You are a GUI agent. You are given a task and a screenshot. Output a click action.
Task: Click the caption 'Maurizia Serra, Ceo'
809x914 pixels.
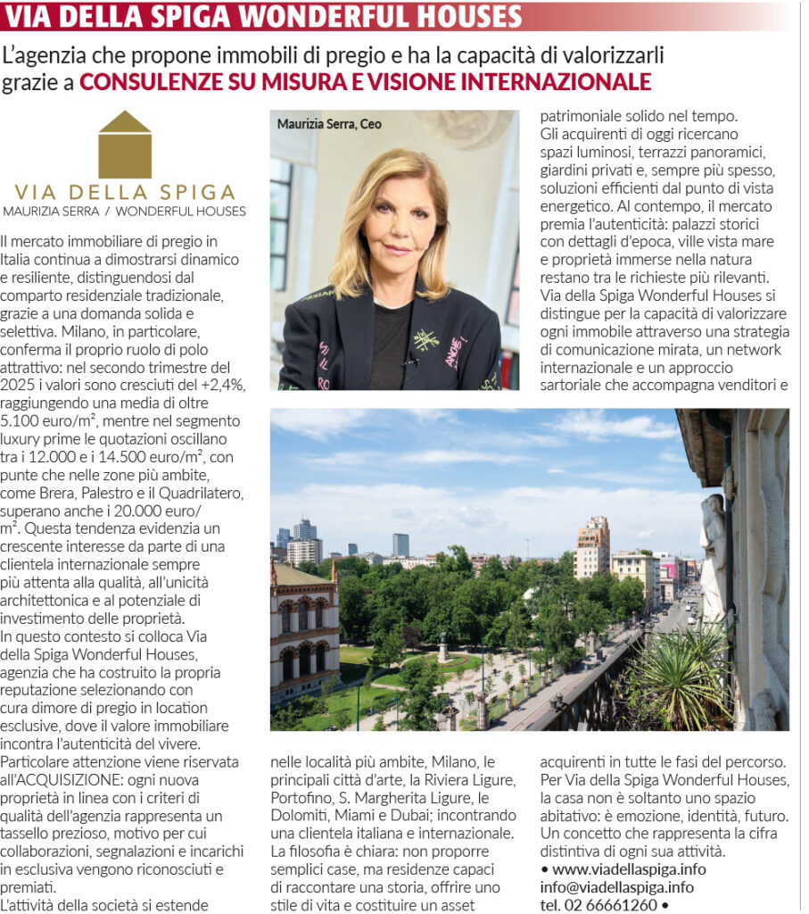(x=329, y=124)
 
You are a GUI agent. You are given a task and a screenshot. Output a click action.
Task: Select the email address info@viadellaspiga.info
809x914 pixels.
(x=616, y=886)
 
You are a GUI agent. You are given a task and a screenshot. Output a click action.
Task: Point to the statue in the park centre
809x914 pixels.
(x=442, y=645)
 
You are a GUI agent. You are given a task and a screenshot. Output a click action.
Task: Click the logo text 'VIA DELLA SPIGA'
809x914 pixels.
(x=125, y=193)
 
